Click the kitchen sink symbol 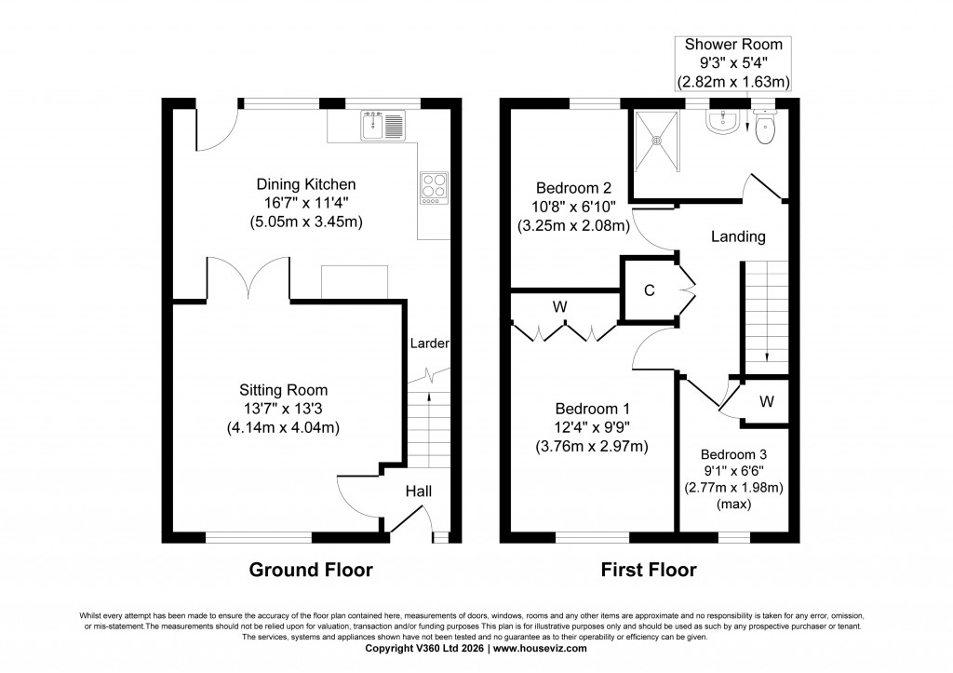point(383,124)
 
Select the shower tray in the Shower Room point(658,141)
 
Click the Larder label point(430,343)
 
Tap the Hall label point(419,491)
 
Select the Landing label point(738,236)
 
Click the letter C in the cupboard point(650,290)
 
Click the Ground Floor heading point(311,570)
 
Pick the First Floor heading point(649,570)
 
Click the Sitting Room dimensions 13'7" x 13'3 point(283,409)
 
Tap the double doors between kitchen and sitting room point(248,279)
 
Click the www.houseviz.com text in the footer point(540,648)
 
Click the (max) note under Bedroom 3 point(733,504)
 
